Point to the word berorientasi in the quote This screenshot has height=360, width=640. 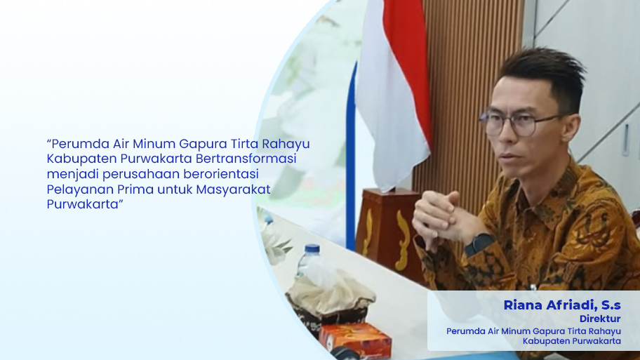point(221,174)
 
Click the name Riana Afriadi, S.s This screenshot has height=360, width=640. point(562,305)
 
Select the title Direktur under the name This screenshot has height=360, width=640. point(600,319)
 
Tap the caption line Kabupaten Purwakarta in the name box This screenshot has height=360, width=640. point(572,341)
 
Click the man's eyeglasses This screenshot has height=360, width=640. point(519,123)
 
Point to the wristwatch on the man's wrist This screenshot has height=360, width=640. point(479,244)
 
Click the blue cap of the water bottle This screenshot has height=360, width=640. point(312,249)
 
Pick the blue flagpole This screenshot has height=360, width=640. point(350,155)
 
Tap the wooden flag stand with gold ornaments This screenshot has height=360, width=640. point(388,233)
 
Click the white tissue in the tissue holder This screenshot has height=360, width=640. point(331,292)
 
